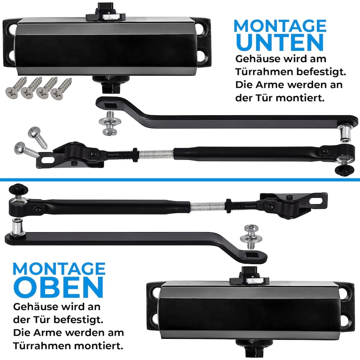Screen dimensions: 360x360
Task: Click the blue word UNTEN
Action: [279, 42]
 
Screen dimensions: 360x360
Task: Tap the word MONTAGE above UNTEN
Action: [280, 26]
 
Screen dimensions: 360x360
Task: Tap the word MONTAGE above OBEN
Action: [59, 269]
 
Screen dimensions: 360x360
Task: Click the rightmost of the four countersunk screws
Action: [61, 89]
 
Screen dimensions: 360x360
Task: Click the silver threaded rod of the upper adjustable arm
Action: [156, 153]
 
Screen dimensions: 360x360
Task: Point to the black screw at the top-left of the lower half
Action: [18, 189]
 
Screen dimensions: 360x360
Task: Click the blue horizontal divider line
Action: [180, 180]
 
